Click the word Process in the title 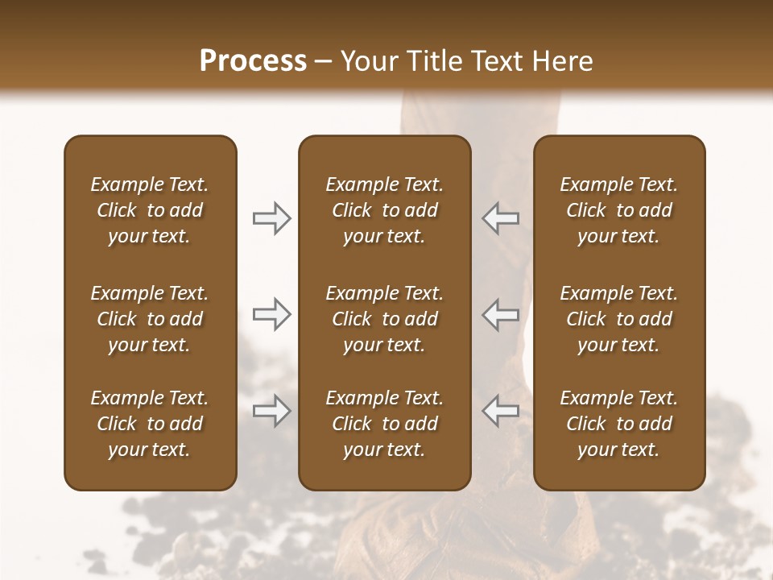click(x=253, y=61)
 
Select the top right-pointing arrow click(x=271, y=218)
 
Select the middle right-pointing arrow click(x=271, y=314)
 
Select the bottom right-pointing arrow click(x=271, y=411)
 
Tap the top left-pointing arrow click(x=501, y=217)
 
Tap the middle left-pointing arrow click(x=501, y=314)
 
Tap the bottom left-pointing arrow click(x=501, y=411)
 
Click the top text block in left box click(x=150, y=210)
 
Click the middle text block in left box click(x=150, y=319)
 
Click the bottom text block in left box click(x=150, y=424)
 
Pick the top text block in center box click(x=384, y=210)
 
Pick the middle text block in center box click(x=384, y=319)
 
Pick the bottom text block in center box click(x=384, y=424)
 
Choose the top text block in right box click(x=619, y=210)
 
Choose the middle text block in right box click(x=619, y=319)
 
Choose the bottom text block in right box click(x=619, y=424)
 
